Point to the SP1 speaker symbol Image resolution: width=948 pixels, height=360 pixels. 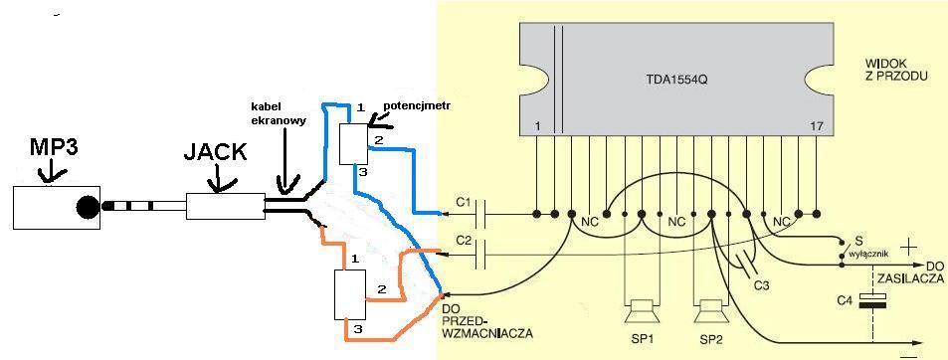[640, 313]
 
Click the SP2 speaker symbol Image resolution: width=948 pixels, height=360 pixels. [710, 313]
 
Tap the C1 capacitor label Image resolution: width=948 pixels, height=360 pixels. [464, 202]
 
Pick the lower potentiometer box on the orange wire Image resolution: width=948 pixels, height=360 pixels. [350, 294]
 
